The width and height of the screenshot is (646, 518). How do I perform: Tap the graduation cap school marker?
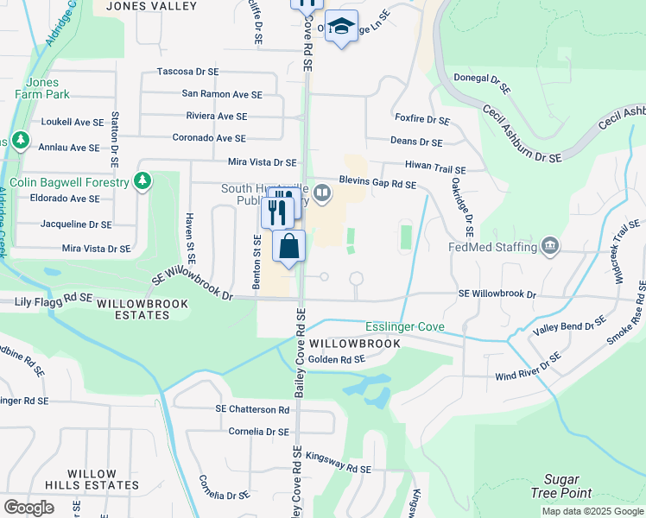342,27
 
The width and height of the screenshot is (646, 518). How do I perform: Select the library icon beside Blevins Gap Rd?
322,193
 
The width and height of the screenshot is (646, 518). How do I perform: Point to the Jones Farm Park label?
36,90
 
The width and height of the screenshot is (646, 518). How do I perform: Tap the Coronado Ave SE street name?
209,138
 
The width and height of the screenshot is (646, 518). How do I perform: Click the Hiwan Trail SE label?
435,170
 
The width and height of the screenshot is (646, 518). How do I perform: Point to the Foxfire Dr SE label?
422,120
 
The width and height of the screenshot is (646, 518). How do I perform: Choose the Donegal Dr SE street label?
489,84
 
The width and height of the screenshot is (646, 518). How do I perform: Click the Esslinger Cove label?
405,327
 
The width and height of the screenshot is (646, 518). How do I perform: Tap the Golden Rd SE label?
337,359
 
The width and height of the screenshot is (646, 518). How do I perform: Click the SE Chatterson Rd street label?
252,409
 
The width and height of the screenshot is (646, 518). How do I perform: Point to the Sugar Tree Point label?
567,486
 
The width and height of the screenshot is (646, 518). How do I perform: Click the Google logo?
29,508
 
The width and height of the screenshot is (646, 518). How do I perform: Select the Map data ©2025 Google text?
592,511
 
